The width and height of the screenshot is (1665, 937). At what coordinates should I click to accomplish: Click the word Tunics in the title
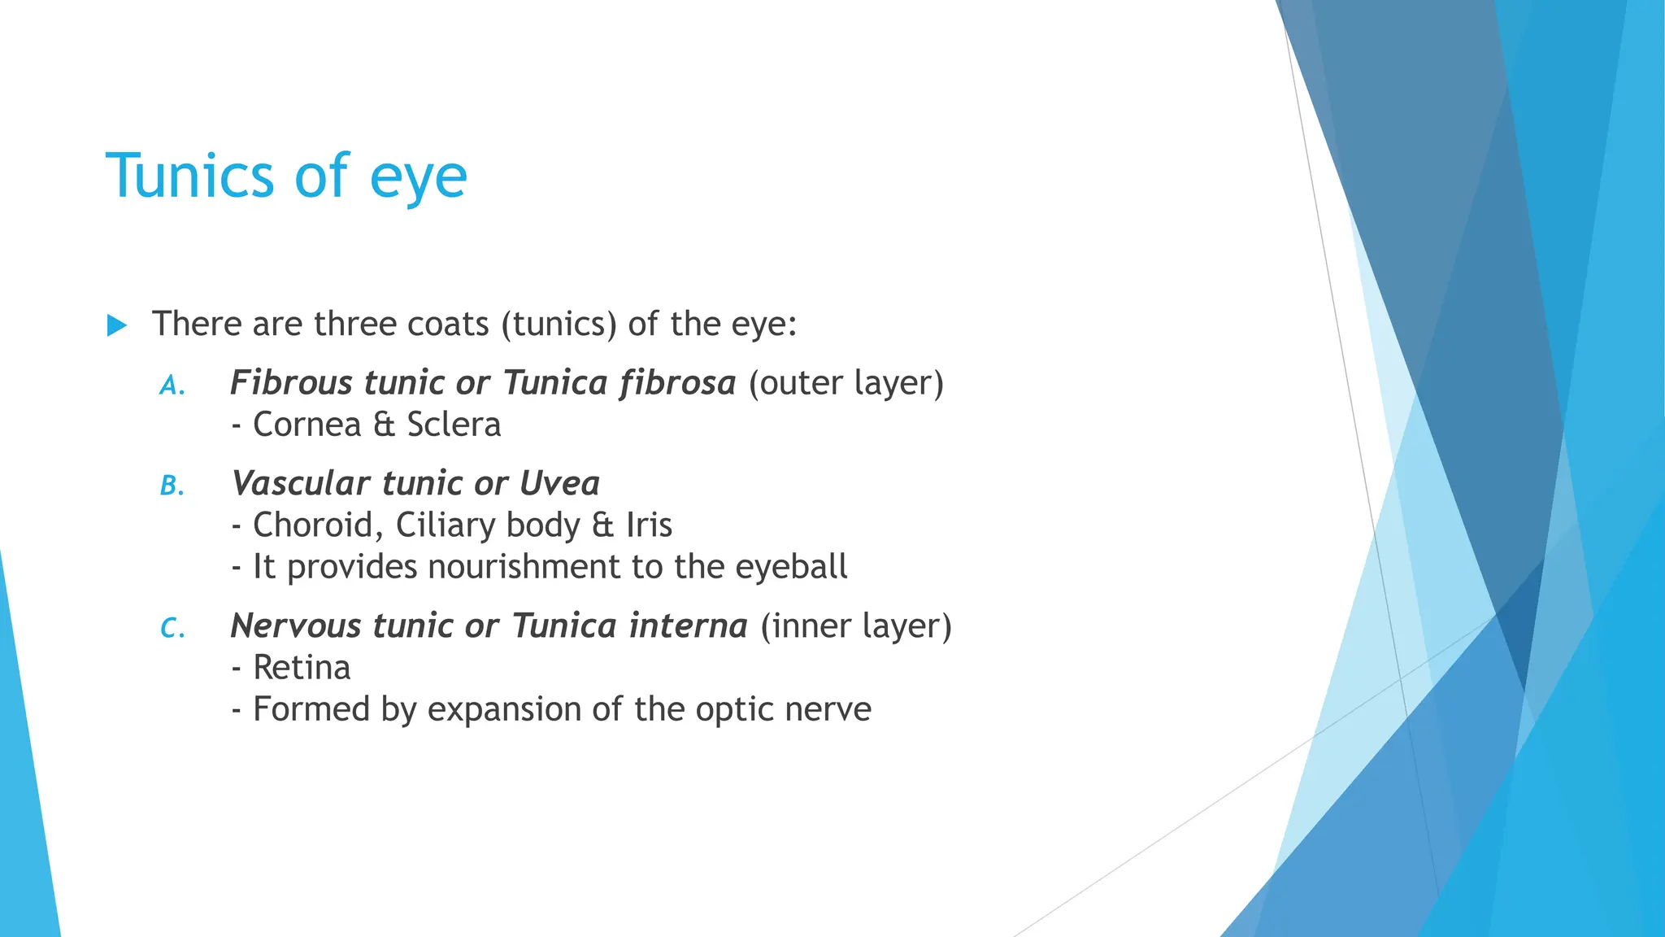coord(190,175)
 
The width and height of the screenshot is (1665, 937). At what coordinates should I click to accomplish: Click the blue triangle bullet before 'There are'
coord(117,326)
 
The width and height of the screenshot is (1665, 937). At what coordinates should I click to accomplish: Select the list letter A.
coord(172,385)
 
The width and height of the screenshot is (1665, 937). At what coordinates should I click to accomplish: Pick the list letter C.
coord(172,628)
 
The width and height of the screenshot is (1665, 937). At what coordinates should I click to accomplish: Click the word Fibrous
coord(290,382)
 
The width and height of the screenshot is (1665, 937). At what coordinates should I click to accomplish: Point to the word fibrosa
coord(676,382)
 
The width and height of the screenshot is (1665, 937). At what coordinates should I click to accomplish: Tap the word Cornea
coord(306,425)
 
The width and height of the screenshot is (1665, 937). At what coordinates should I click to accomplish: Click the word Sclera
coord(454,425)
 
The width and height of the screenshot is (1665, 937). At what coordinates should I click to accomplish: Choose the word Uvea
coord(559,483)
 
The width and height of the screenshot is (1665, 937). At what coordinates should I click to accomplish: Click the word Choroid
coord(313,525)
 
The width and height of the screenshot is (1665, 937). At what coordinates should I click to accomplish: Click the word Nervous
coord(295,625)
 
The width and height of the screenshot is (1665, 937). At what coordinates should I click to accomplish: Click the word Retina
coord(302,668)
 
